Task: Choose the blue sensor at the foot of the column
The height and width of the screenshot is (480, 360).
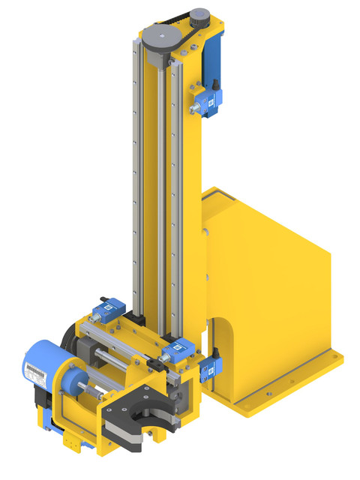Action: click(178, 348)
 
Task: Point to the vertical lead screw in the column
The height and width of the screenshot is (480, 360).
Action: click(158, 187)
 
